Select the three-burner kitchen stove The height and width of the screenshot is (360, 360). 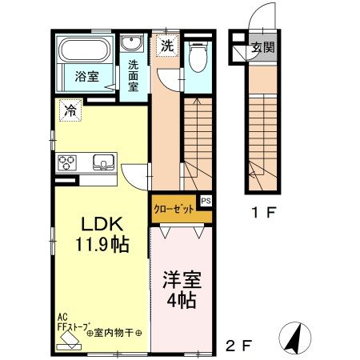[66, 163]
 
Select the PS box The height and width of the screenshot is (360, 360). [206, 202]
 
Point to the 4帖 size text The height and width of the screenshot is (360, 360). [182, 304]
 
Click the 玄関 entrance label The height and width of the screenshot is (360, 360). [262, 47]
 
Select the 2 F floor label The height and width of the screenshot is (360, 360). [239, 346]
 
